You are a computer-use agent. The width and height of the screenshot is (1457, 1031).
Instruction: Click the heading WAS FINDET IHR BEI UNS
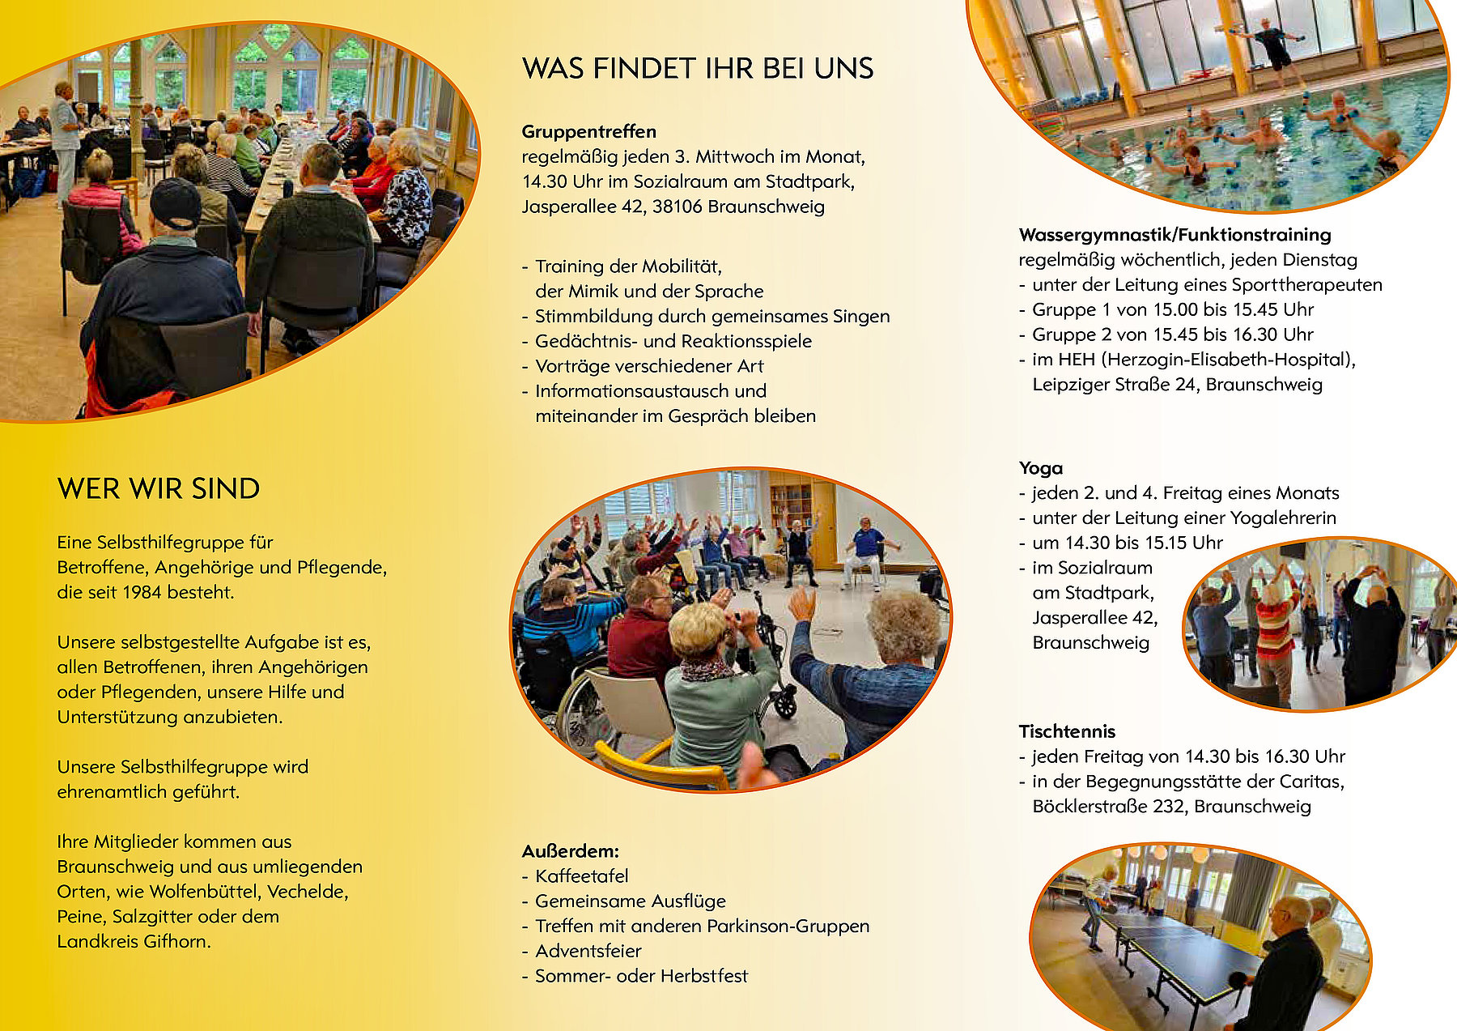coord(698,69)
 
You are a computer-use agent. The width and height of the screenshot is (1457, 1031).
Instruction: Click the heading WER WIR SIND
coord(159,489)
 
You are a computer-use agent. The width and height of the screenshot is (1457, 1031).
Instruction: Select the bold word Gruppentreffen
coord(589,132)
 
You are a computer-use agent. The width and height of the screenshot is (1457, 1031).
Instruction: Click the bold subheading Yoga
coord(1041,468)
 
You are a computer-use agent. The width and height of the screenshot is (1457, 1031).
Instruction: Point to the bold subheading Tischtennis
coord(1067,731)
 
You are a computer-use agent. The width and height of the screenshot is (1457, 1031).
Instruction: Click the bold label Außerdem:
coord(571,851)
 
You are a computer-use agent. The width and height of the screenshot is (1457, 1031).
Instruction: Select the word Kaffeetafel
coord(582,876)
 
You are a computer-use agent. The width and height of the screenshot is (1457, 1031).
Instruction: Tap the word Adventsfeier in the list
coord(588,951)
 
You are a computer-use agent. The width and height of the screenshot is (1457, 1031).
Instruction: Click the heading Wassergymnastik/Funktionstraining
coord(1175,235)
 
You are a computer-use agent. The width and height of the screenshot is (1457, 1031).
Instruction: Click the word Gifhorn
coord(177,942)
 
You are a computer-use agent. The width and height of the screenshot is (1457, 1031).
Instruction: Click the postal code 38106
coord(678,207)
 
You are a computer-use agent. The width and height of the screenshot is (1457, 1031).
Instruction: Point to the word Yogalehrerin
coord(1283,518)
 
